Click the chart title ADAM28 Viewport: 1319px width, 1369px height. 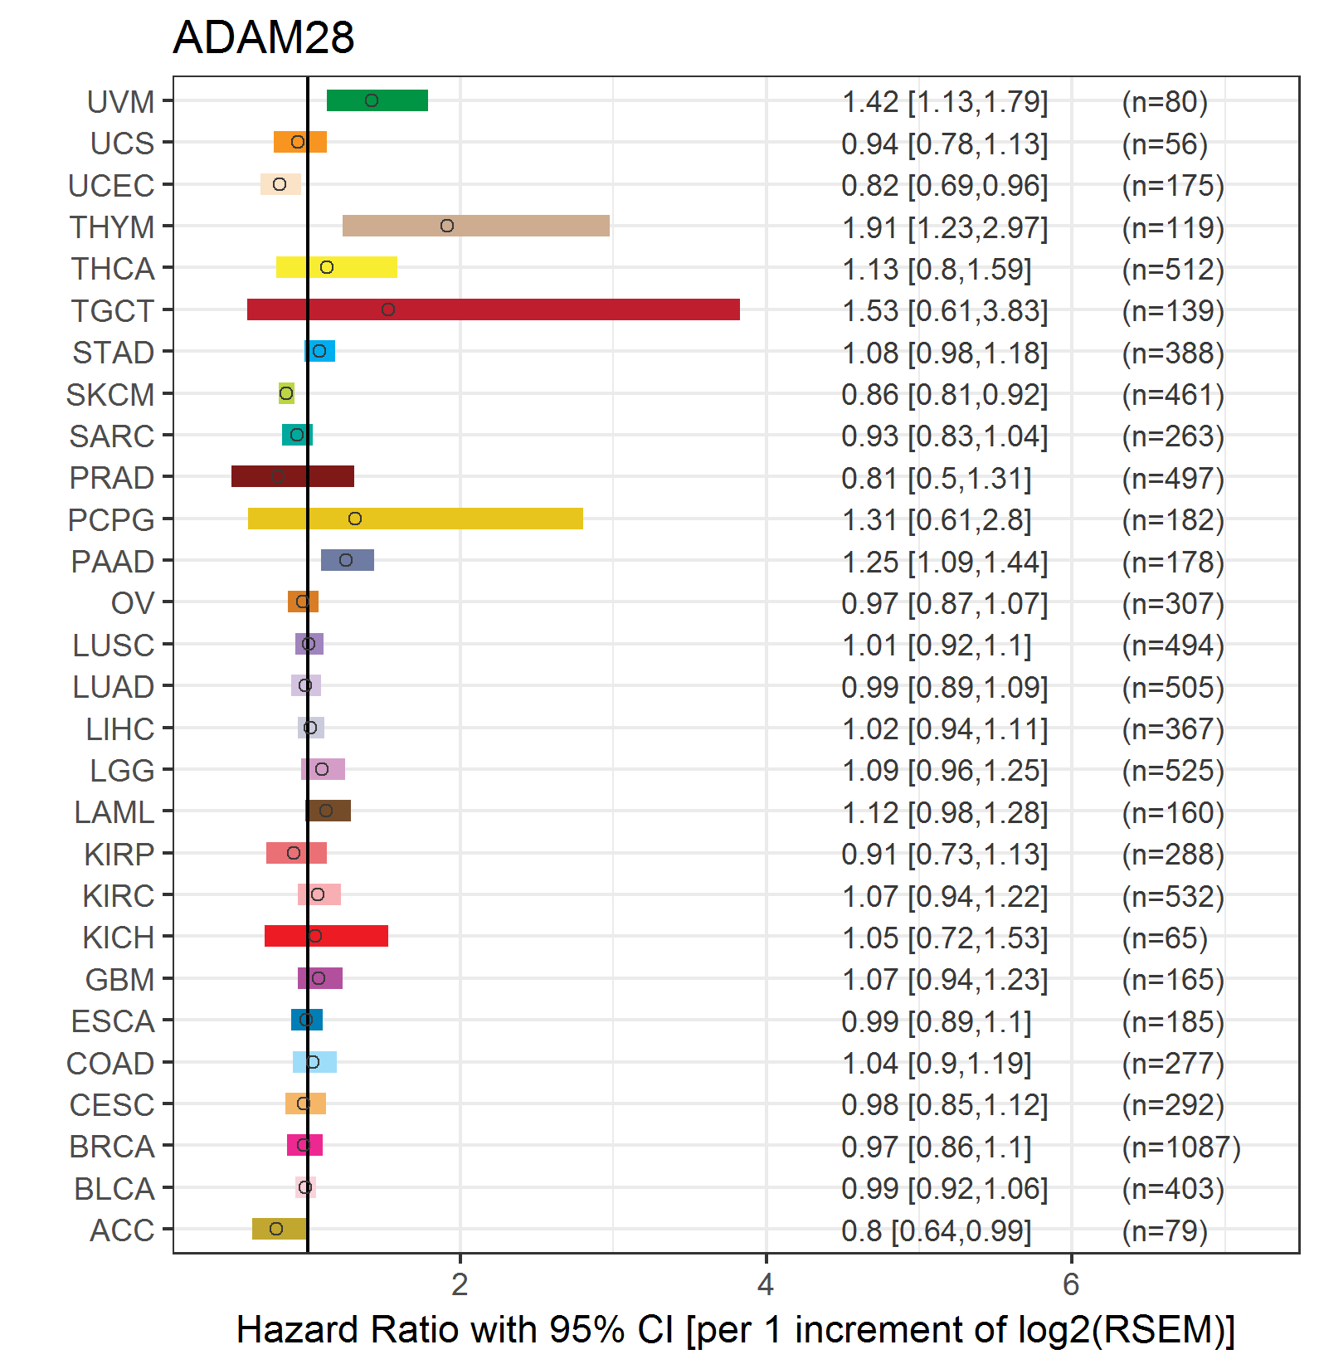tap(263, 38)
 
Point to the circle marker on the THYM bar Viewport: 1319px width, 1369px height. tap(447, 226)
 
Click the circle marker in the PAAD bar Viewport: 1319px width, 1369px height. tap(346, 560)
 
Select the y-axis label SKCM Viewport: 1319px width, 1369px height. tap(110, 395)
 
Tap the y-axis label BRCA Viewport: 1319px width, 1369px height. tap(112, 1147)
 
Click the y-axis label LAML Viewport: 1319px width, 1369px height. tap(114, 812)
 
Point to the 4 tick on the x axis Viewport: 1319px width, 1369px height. tap(766, 1284)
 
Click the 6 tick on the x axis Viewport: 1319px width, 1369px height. tap(1071, 1284)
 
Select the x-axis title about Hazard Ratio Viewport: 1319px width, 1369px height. tap(735, 1330)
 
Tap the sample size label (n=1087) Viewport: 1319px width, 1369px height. tap(1180, 1147)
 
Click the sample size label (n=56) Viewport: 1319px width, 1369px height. tap(1164, 144)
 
